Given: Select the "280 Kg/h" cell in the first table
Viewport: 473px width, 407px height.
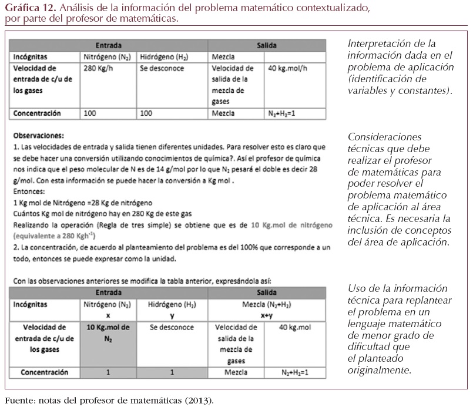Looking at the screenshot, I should [98, 68].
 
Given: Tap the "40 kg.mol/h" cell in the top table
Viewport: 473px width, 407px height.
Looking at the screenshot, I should [287, 68].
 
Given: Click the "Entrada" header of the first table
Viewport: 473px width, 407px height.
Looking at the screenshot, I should [108, 45].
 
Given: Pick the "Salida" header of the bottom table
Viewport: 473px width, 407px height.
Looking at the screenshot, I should [267, 292].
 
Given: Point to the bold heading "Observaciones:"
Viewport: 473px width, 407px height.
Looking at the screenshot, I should [39, 134].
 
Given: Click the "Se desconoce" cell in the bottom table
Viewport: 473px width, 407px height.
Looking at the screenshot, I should [172, 327].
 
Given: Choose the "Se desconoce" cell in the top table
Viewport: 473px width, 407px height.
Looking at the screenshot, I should [162, 68].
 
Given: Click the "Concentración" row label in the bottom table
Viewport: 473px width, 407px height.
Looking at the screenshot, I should [44, 372].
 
